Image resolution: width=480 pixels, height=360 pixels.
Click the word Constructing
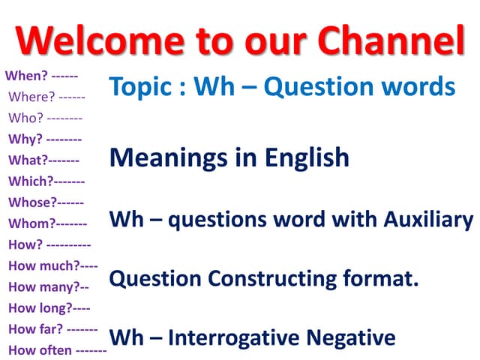(x=273, y=278)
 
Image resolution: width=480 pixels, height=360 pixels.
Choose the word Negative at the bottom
(x=356, y=337)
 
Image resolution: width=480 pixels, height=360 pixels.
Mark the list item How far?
(x=35, y=328)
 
